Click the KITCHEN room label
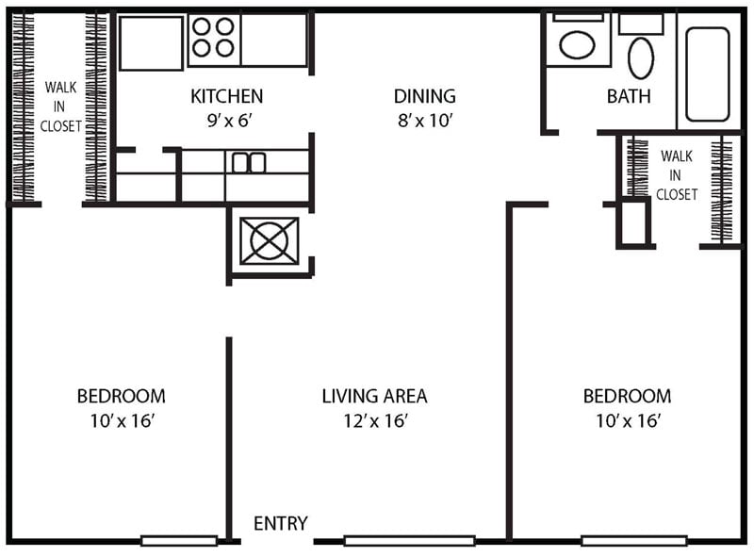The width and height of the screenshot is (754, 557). click(x=226, y=96)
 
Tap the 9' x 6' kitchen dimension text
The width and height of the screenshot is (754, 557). click(x=226, y=120)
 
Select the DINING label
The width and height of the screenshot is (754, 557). click(x=424, y=96)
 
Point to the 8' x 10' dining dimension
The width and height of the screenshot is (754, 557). click(x=424, y=120)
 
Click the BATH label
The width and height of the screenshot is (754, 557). click(x=629, y=96)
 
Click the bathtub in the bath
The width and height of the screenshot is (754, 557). click(x=708, y=74)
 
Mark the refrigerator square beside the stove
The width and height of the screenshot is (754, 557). click(x=151, y=42)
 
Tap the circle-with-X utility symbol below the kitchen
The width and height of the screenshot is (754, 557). click(x=269, y=241)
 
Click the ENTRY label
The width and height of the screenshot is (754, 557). click(x=281, y=524)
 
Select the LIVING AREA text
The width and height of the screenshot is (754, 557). click(x=374, y=396)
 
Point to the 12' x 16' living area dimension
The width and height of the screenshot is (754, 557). click(x=374, y=420)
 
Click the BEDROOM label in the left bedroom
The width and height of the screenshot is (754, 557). click(x=121, y=396)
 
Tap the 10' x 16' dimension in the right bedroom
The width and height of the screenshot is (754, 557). click(x=627, y=420)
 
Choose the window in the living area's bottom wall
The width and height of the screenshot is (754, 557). click(x=409, y=541)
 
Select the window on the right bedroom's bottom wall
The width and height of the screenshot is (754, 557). click(x=633, y=541)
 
